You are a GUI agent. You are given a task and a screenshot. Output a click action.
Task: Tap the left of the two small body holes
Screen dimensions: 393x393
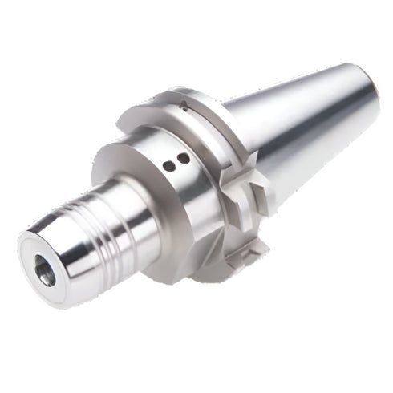click(168, 165)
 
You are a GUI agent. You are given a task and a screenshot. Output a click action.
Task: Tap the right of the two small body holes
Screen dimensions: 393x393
click(183, 159)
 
